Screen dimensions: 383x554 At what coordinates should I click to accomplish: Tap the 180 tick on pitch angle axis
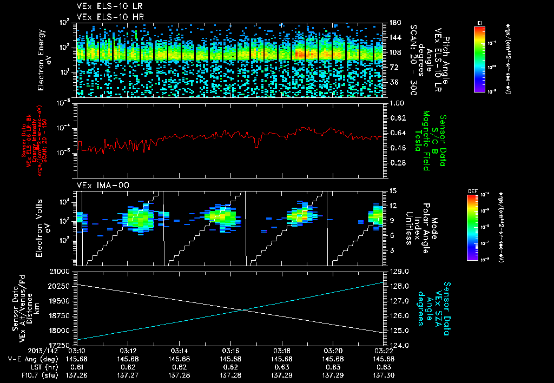(x=394, y=22)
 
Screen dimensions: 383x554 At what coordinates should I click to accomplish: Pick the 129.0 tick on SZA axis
(x=399, y=270)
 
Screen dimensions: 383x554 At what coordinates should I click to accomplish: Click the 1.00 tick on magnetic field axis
(x=397, y=103)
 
